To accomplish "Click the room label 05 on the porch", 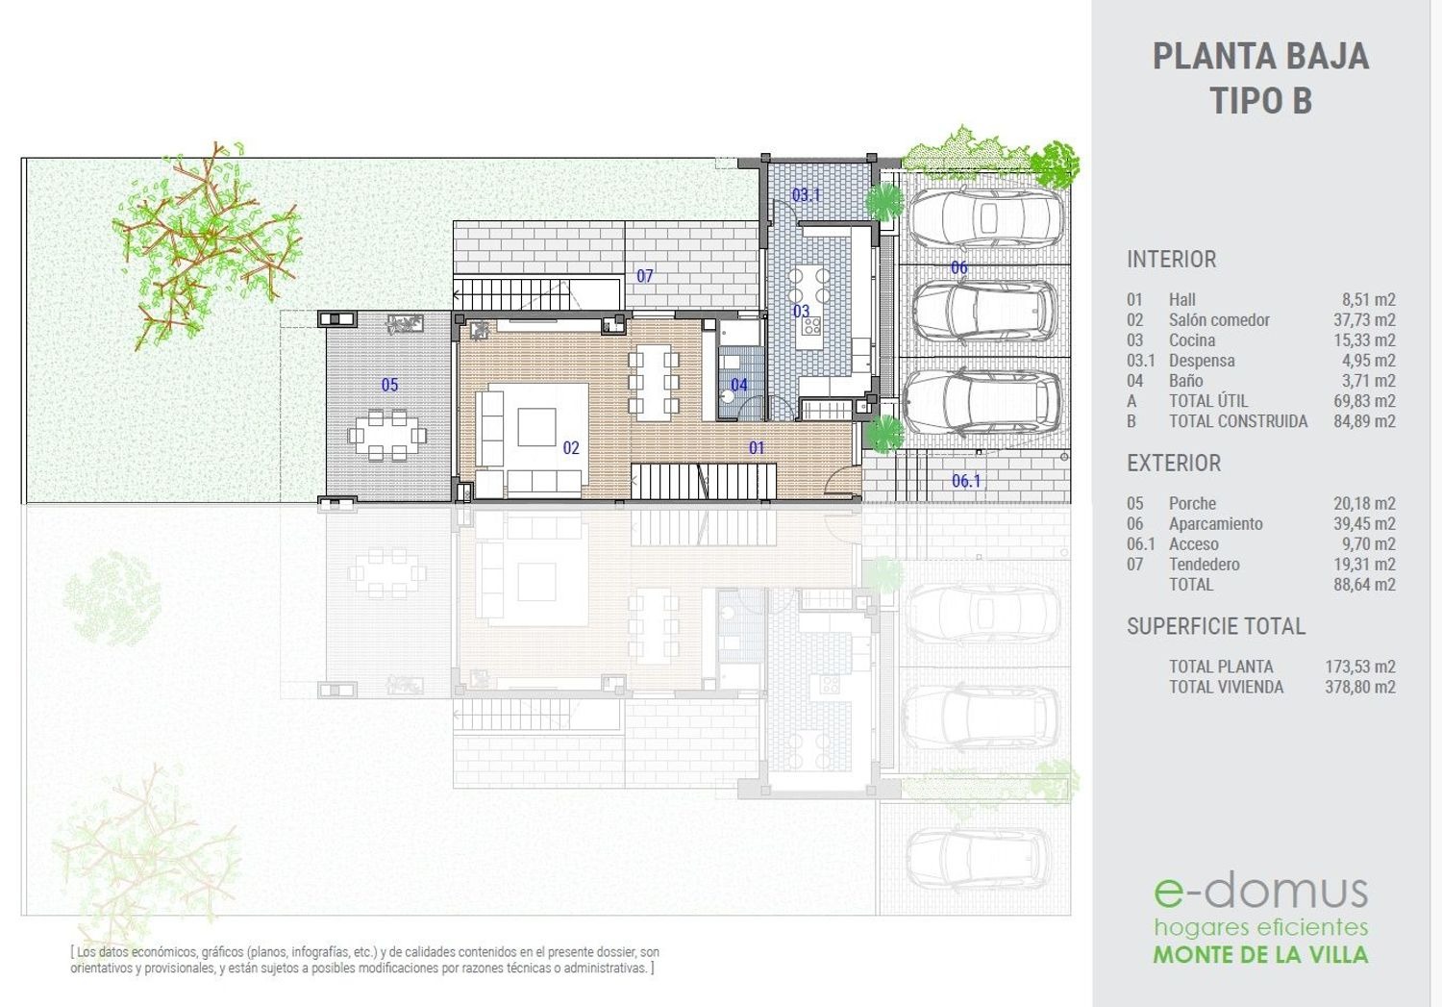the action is (x=389, y=385).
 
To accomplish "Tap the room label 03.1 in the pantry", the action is (x=806, y=194).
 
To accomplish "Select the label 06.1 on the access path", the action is (x=965, y=480).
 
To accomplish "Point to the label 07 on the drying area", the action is (x=644, y=276).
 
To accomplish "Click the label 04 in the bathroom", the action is (x=739, y=385).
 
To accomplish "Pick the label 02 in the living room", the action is (x=571, y=447).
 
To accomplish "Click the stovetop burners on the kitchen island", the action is (x=811, y=325).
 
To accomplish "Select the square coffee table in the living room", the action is (x=536, y=427).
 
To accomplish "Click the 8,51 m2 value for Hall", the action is (x=1369, y=299).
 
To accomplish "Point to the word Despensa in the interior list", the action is (x=1202, y=361).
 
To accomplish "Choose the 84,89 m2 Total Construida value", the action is (x=1364, y=421).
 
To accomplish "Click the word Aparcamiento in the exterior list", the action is (x=1216, y=524).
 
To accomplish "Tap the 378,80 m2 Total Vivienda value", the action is (x=1360, y=687).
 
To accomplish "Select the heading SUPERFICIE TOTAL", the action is (x=1216, y=626).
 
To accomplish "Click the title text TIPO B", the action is (x=1260, y=100).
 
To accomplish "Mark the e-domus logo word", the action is (x=1260, y=892).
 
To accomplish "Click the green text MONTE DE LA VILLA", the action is (x=1260, y=954).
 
